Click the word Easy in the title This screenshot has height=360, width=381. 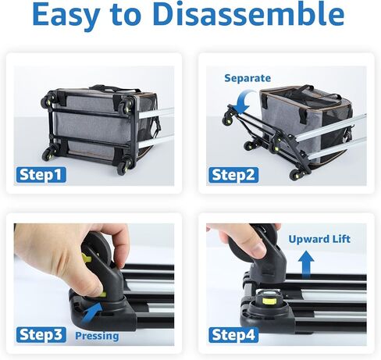coord(66,15)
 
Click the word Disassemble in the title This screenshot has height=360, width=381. coord(248,14)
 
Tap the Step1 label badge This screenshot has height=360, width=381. coord(41,175)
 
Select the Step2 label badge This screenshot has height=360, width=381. coord(233,175)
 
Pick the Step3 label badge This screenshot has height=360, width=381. coord(41,335)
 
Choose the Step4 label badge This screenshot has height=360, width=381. coord(233,335)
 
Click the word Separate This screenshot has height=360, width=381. coord(247,78)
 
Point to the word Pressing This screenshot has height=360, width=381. coord(97,337)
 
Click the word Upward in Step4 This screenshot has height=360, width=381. coord(306,239)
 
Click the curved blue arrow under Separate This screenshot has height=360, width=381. coord(245,98)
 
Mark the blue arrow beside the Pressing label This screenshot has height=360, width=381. coord(91,313)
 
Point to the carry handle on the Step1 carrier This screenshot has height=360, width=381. coord(115,88)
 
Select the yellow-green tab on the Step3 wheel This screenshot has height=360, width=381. coord(86,258)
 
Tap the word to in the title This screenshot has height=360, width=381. coord(126,15)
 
